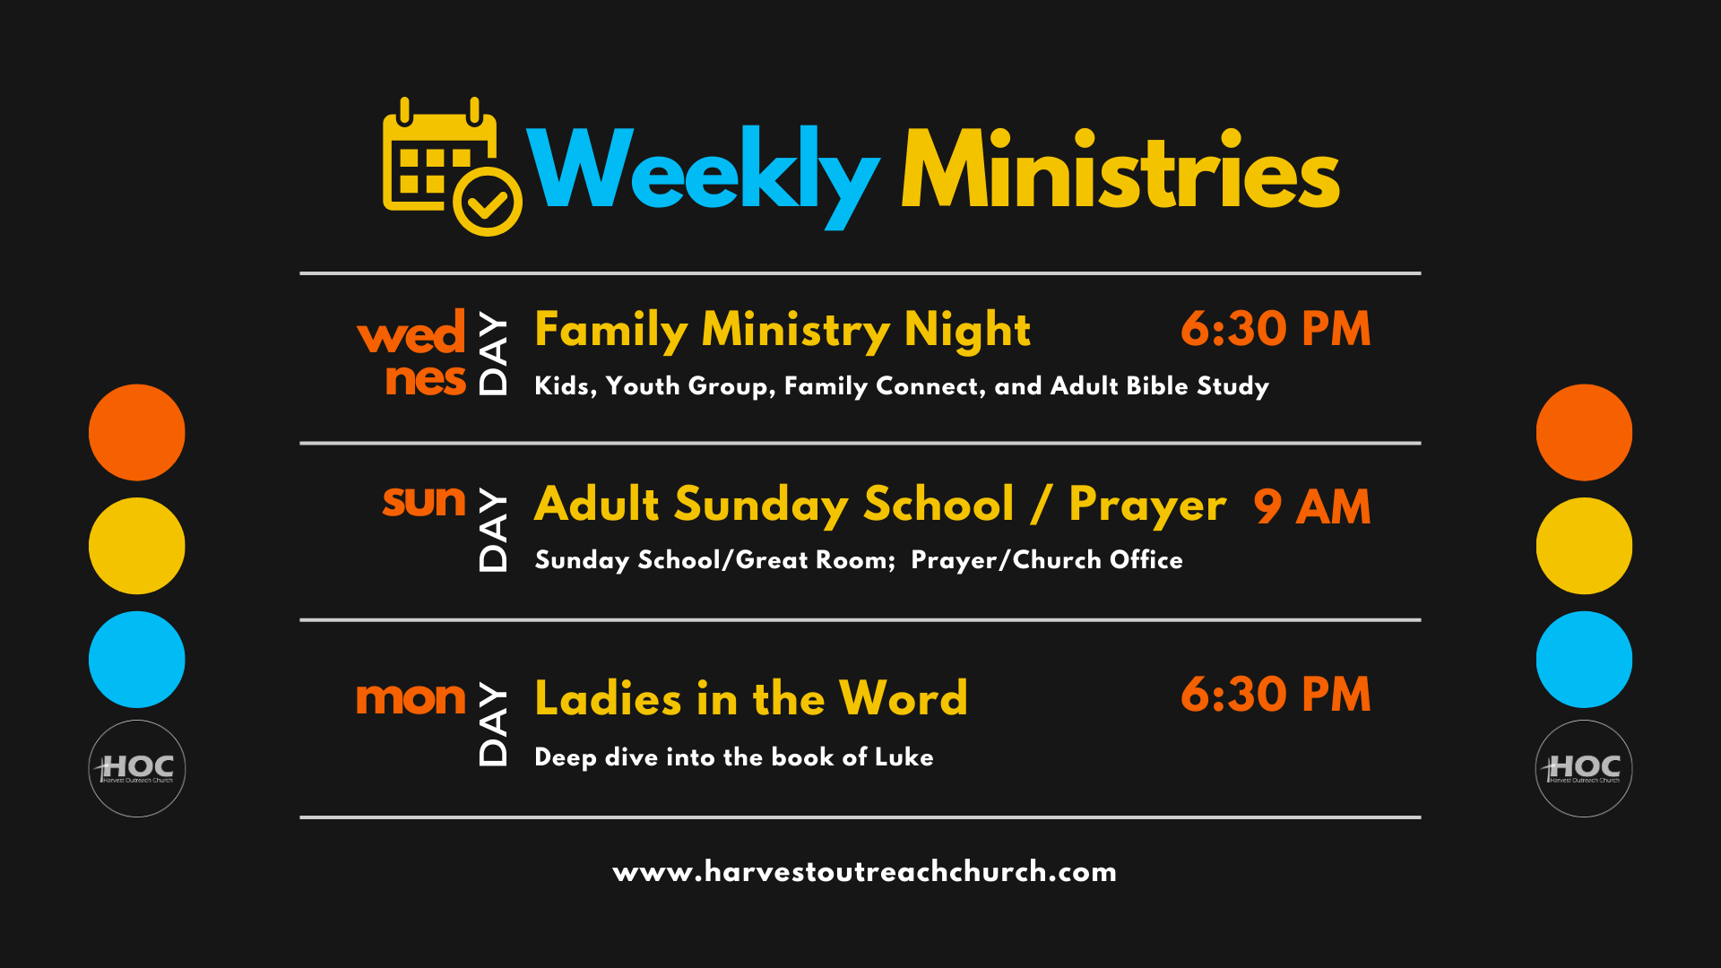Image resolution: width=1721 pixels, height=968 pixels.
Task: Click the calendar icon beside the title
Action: point(452,167)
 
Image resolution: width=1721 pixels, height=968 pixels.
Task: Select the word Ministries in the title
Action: point(1120,169)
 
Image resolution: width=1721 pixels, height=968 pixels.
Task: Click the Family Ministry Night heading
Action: point(783,330)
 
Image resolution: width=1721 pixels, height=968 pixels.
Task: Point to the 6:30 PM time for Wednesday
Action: point(1276,329)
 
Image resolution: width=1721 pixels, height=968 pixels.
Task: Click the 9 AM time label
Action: point(1312,507)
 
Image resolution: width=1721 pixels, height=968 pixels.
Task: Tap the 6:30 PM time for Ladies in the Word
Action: point(1276,695)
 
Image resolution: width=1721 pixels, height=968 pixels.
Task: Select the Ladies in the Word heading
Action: point(751,697)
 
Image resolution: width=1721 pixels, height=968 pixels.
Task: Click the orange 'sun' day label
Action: point(424,501)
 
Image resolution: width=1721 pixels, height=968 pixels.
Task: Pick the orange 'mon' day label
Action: point(411,698)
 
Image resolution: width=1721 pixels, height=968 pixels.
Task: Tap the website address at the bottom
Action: point(865,871)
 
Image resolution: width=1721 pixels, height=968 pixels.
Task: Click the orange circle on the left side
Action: point(137,432)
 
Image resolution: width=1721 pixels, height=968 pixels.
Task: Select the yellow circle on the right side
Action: point(1584,546)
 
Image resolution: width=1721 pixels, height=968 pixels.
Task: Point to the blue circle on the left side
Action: point(137,660)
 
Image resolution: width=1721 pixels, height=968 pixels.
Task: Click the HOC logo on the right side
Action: point(1584,768)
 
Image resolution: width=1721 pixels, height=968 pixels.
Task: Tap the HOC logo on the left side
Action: point(137,768)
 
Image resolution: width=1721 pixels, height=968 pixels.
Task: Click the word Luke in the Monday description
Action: point(904,756)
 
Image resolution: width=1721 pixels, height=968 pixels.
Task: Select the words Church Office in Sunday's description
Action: point(1098,560)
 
